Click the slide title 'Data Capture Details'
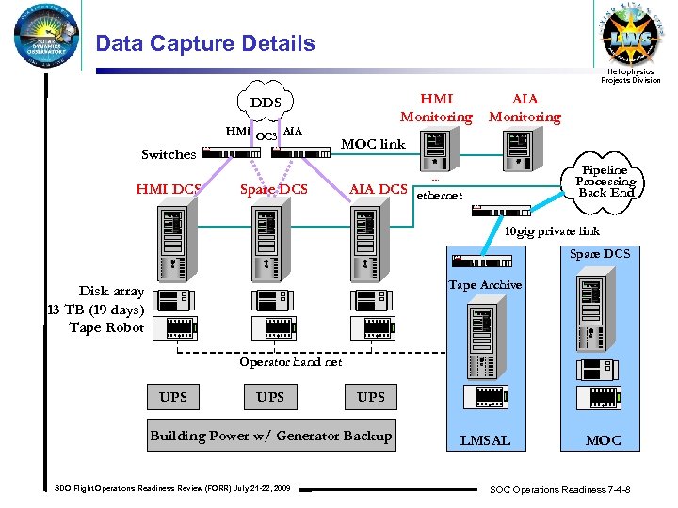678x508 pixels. coord(205,43)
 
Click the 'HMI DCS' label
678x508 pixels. coord(168,189)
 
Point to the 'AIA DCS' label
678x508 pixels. coord(378,189)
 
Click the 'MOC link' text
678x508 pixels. coord(372,144)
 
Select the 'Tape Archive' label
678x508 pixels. coord(485,284)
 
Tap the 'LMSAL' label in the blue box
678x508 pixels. coord(485,439)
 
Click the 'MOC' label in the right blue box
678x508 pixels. coord(604,439)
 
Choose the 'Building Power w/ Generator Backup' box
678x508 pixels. coord(270,436)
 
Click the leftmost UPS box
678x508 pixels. coord(173,397)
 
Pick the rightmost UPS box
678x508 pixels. coord(371,397)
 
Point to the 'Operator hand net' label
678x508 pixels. coord(290,362)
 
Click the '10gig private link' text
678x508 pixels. coord(551,231)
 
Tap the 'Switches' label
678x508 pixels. coord(169,154)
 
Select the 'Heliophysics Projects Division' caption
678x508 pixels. coord(630,76)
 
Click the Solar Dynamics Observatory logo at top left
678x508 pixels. coord(44,38)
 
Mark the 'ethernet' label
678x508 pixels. coord(439,196)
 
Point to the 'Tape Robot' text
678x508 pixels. coord(106,327)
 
